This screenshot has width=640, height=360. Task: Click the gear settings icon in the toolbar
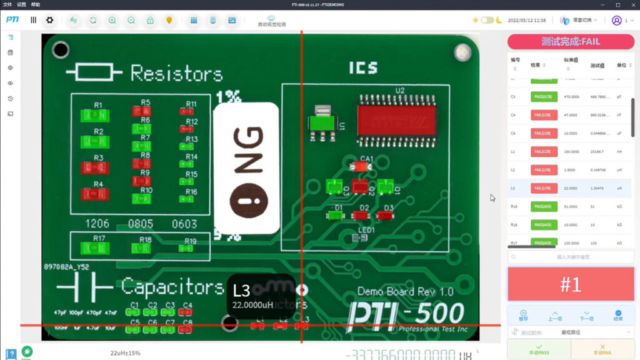(49, 20)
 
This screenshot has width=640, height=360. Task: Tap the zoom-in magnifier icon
(112, 20)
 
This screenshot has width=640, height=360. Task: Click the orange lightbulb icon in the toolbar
(169, 20)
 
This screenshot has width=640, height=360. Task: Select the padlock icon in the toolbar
(150, 20)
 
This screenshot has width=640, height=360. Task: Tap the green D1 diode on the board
(336, 216)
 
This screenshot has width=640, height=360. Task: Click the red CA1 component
(360, 167)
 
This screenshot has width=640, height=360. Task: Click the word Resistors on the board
(176, 74)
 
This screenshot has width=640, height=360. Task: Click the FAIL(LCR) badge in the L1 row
(544, 151)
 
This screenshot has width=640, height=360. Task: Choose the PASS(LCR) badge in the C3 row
(544, 97)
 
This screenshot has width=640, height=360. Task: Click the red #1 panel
(570, 284)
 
